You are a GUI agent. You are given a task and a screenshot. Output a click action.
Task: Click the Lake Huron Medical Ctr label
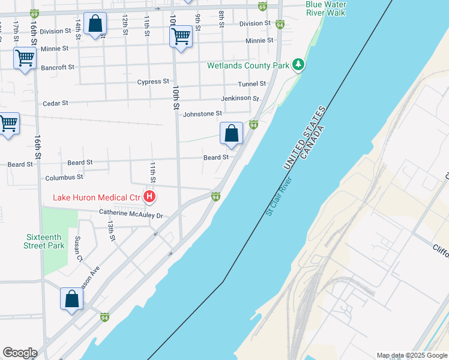tap(96, 197)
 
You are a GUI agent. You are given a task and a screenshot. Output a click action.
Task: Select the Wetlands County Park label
tap(248, 65)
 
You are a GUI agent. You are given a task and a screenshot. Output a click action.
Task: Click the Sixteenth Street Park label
tap(44, 241)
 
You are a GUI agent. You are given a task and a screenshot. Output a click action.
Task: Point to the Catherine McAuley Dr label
tap(131, 214)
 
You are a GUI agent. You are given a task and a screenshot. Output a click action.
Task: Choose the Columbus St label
tap(64, 178)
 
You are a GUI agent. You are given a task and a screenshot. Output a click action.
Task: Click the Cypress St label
tap(153, 82)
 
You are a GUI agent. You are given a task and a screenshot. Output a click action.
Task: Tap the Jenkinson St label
tap(240, 98)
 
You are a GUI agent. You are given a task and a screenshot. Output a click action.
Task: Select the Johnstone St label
tap(202, 113)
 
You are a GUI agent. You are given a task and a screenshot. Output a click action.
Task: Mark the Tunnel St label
tap(252, 84)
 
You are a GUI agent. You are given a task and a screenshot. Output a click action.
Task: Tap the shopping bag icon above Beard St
tap(231, 133)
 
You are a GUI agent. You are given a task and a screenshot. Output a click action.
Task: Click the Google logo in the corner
tap(20, 353)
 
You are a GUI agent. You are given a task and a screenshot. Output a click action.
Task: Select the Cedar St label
tap(56, 103)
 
